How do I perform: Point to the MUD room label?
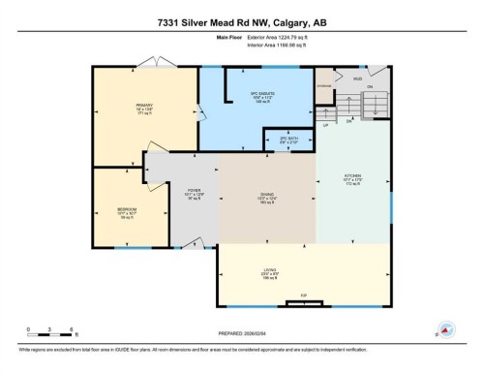[358, 78]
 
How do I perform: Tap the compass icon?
[446, 329]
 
